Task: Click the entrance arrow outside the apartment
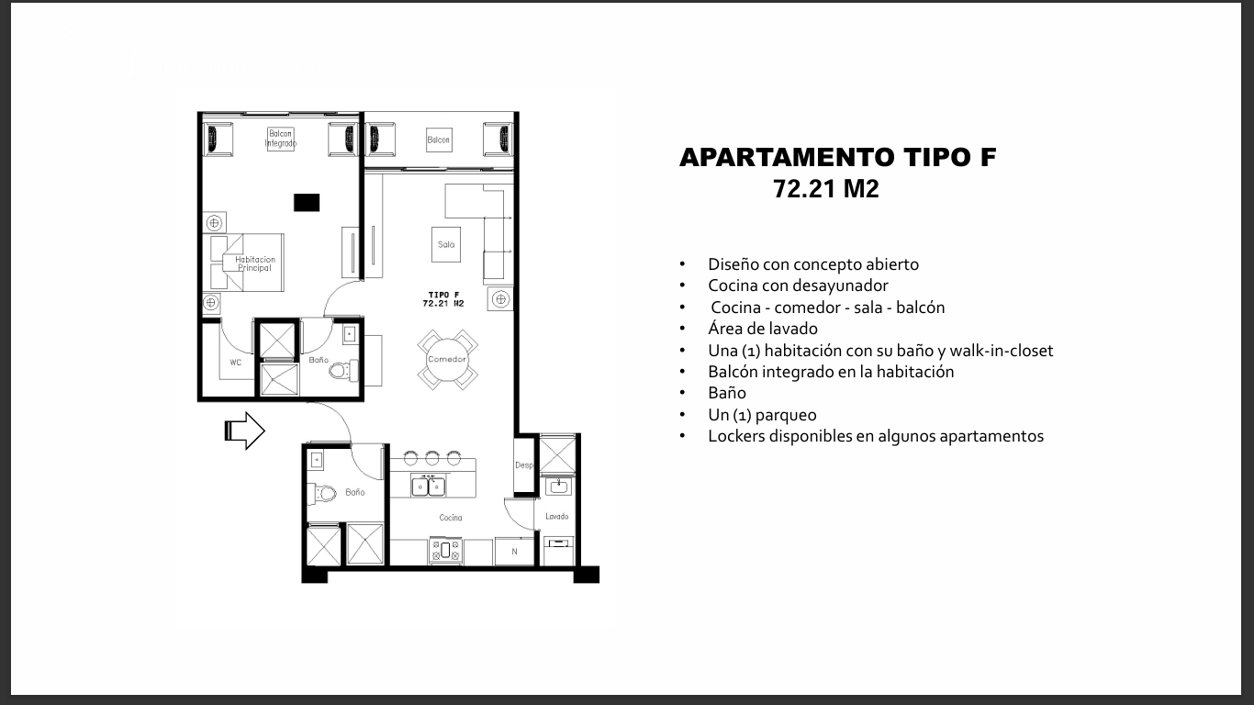point(244,431)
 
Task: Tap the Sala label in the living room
point(446,244)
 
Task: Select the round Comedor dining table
point(447,360)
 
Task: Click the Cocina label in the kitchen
point(451,518)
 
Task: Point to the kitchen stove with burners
point(445,551)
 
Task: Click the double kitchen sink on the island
point(429,486)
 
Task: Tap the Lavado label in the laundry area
point(557,516)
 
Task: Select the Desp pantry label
point(524,464)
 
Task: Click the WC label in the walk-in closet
point(236,363)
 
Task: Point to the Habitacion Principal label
point(254,263)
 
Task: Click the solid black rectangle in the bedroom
point(307,202)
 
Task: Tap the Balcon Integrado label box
point(281,139)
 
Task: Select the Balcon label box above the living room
point(438,140)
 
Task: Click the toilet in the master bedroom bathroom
point(343,370)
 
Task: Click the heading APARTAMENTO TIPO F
point(838,157)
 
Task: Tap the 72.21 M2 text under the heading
point(826,189)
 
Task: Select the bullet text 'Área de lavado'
point(763,328)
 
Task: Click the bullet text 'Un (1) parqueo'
point(762,414)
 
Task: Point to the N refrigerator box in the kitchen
point(514,552)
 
